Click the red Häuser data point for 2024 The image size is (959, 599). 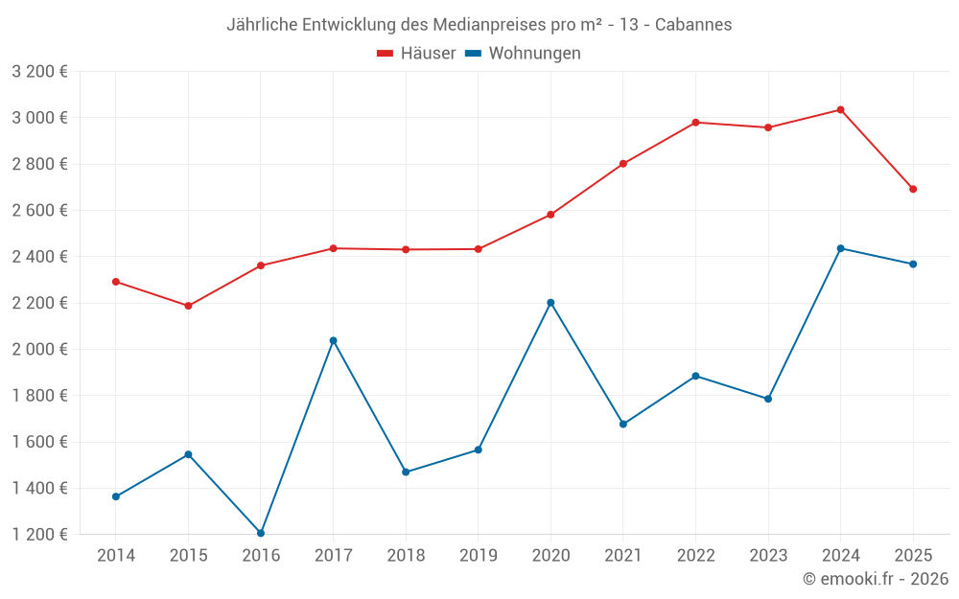pos(840,110)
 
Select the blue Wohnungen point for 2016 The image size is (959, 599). pos(261,533)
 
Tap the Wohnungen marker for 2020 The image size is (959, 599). pos(550,303)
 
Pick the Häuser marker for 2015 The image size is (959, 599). pos(188,306)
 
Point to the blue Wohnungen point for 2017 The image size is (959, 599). pos(333,340)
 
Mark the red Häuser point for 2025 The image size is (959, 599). pos(913,189)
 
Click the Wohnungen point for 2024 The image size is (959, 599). pos(840,248)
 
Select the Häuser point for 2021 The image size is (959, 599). pos(623,164)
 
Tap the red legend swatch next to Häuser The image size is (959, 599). pos(386,54)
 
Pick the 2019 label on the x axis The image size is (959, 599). pos(478,556)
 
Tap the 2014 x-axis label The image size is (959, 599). pos(116,556)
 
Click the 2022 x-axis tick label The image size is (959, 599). pos(695,556)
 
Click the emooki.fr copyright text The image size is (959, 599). pos(876,579)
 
